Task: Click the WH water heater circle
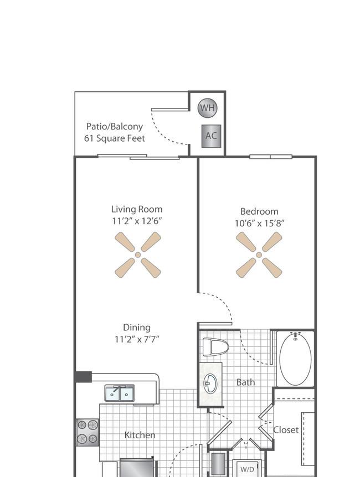(207, 107)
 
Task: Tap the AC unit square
(211, 136)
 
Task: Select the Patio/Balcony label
(115, 127)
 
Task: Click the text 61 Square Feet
(115, 138)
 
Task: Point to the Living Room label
(137, 209)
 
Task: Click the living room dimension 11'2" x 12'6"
(137, 221)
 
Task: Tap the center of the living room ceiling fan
(138, 255)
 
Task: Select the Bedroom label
(259, 211)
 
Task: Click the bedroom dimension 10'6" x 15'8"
(259, 224)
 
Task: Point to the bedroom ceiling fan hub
(259, 255)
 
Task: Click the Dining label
(137, 328)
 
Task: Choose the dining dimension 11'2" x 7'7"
(137, 339)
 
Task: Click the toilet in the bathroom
(215, 347)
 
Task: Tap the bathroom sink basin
(210, 383)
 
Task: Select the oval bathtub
(295, 359)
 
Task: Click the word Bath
(245, 382)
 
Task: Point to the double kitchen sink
(120, 393)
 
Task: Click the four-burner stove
(88, 432)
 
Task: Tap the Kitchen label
(140, 435)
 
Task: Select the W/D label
(247, 469)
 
